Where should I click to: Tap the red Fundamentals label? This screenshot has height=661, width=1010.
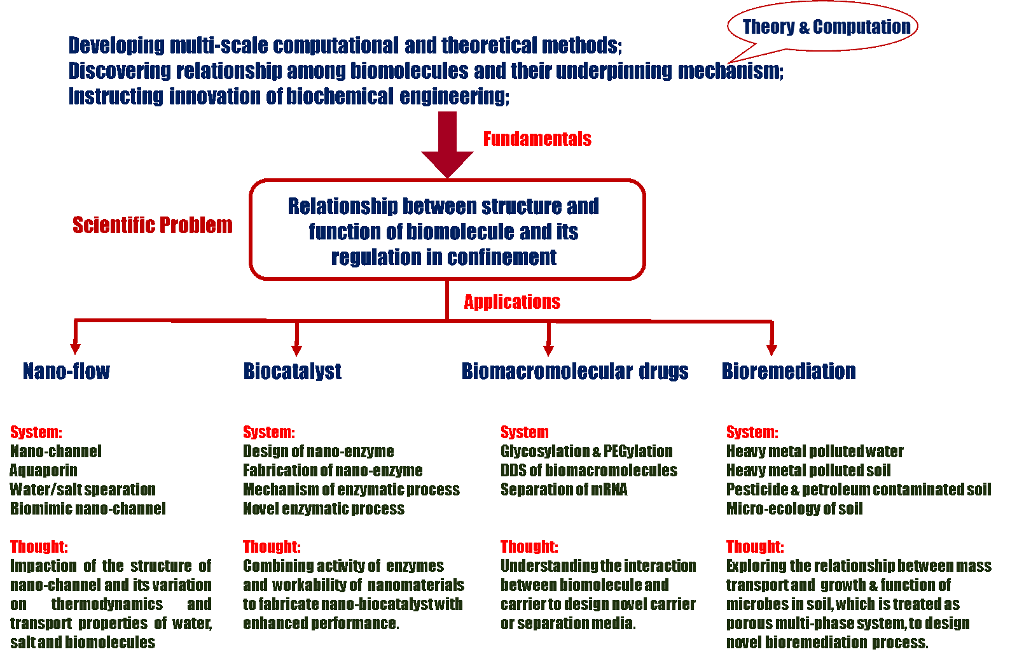coord(537,139)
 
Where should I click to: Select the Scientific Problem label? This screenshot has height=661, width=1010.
coord(153,225)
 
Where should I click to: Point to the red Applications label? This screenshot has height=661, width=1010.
coord(511,302)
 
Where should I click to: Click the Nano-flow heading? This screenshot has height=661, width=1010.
coord(66,371)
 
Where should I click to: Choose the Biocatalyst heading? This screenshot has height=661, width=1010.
coord(293,371)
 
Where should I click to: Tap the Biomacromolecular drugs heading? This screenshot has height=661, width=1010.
coord(575,371)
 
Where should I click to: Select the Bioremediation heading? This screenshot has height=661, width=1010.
coord(789,371)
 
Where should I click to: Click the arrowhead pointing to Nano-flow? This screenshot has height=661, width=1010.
coord(75,348)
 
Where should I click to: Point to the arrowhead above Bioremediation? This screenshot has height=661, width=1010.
coord(771,350)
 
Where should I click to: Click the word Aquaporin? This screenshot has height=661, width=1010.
coord(43,471)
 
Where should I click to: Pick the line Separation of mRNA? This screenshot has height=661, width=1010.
coord(564,490)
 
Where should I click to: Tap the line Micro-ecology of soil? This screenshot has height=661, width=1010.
coord(794,509)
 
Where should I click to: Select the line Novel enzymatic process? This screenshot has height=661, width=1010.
coord(323,509)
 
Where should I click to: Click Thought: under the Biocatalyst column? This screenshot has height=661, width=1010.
coord(272,547)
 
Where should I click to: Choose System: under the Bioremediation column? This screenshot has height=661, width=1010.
coord(752,432)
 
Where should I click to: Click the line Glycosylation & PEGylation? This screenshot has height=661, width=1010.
coord(586,451)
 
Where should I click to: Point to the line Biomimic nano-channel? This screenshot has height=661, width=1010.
coord(88,509)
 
